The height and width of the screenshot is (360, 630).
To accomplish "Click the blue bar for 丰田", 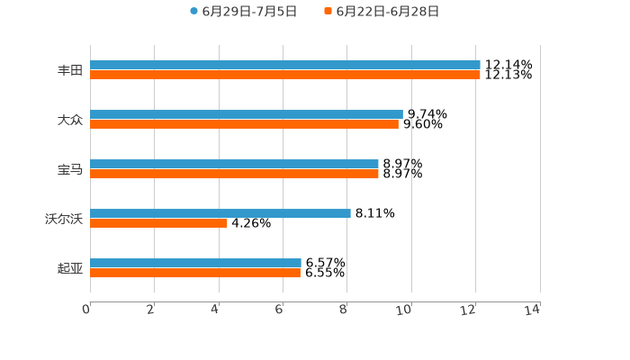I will [285, 66].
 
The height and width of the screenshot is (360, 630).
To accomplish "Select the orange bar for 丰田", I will [285, 76].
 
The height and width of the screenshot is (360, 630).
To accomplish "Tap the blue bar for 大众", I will [247, 115].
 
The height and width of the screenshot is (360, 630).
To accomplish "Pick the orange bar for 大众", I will [244, 125].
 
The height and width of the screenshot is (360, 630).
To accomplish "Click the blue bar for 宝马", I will [234, 165].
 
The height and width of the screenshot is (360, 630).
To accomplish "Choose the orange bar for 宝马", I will [234, 174].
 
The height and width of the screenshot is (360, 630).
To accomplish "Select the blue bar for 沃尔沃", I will [220, 214].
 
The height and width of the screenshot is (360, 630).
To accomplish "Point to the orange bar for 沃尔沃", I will [158, 224].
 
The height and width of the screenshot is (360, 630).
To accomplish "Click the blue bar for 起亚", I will [195, 264].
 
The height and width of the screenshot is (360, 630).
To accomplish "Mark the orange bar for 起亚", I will [195, 274].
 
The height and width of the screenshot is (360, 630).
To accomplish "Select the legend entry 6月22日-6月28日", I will [387, 12].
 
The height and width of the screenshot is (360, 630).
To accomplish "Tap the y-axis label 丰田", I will [70, 70].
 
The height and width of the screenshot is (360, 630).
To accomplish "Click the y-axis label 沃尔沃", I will [64, 219].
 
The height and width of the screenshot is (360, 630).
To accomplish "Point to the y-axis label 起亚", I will [70, 268].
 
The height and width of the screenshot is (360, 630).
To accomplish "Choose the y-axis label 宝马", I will [70, 169].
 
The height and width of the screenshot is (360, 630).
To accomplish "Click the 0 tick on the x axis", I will [87, 310].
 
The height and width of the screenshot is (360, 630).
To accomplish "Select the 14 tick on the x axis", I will [533, 310].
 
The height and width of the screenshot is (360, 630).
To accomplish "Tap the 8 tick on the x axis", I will [344, 310].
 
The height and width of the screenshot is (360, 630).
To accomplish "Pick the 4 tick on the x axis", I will [216, 310].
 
